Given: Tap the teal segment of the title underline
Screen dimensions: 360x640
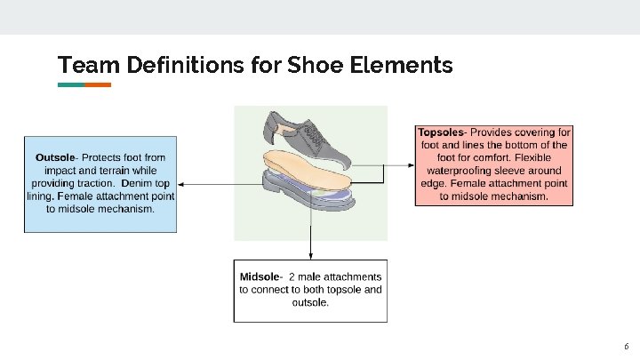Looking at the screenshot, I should tap(71, 85).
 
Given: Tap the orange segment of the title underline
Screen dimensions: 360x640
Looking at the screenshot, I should tap(98, 85).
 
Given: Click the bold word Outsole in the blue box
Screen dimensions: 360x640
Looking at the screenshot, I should tap(54, 156).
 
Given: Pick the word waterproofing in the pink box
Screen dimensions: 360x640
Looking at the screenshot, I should tap(468, 169).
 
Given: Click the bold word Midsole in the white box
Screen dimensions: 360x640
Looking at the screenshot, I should tap(257, 276).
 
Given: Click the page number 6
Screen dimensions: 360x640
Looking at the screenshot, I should tap(626, 346).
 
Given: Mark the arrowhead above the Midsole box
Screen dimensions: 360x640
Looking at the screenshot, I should tap(310, 254).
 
